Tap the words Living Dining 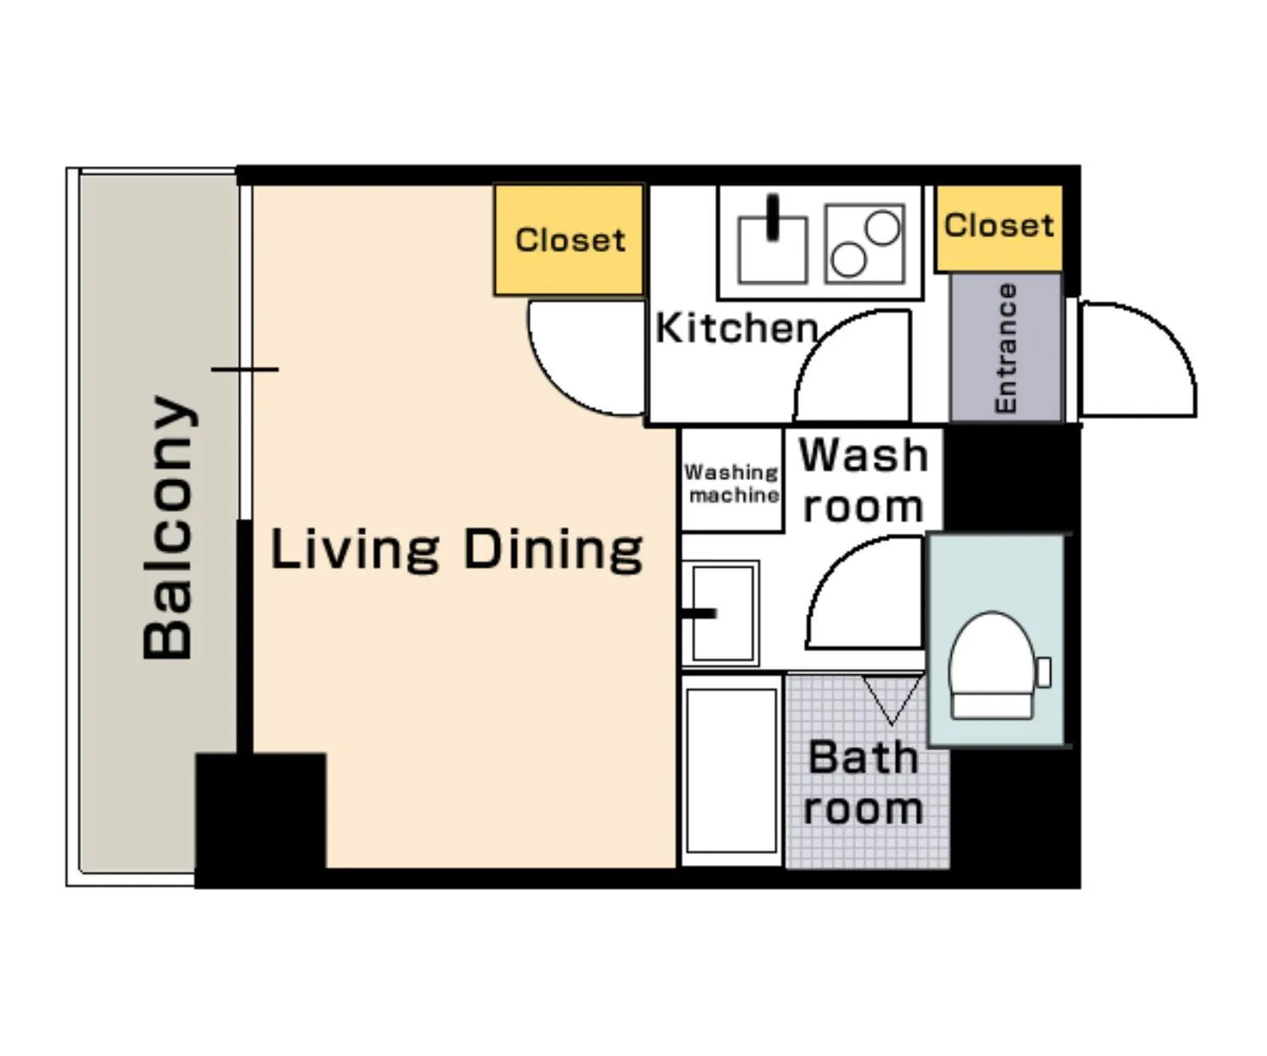click(x=456, y=549)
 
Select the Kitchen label click(x=737, y=328)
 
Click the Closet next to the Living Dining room click(x=569, y=240)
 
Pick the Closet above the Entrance click(x=998, y=227)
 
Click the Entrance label click(x=1005, y=348)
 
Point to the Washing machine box click(x=731, y=480)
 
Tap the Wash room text click(x=864, y=480)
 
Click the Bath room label click(x=863, y=783)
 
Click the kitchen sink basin click(x=773, y=250)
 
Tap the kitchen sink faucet click(x=773, y=217)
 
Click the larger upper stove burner click(x=883, y=227)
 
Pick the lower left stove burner click(x=848, y=259)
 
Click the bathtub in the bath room click(x=731, y=770)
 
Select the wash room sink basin click(x=721, y=613)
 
